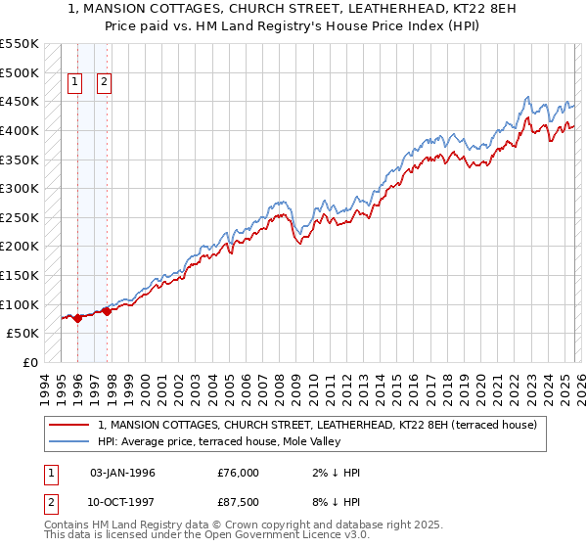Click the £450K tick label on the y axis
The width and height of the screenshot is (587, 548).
(20, 101)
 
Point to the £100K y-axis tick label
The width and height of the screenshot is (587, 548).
(20, 304)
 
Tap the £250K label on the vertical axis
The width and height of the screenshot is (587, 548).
(20, 217)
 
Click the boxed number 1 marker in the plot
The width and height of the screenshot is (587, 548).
(76, 83)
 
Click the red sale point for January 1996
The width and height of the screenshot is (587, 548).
(77, 318)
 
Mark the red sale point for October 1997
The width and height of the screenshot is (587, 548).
(107, 311)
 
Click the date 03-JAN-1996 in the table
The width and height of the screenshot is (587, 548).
(122, 473)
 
